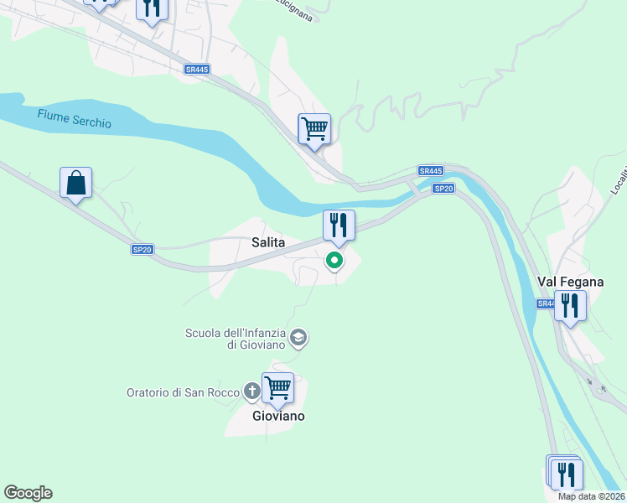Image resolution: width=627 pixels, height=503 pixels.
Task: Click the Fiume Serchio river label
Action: (75, 118)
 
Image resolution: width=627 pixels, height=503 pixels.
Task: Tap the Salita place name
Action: (268, 242)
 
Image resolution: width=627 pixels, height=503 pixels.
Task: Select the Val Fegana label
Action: (570, 283)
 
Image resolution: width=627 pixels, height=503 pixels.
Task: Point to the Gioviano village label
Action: (278, 416)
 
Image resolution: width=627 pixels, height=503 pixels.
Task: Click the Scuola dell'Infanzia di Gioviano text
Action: (236, 339)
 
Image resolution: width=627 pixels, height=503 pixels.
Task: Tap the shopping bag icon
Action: (75, 182)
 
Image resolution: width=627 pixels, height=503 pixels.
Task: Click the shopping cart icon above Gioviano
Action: (277, 388)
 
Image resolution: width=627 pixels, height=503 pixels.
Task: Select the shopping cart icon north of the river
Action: (314, 129)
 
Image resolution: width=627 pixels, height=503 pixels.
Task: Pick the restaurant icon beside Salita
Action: (339, 225)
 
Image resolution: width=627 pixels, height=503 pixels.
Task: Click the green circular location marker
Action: (334, 261)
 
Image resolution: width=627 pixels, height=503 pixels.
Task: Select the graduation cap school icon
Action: (298, 339)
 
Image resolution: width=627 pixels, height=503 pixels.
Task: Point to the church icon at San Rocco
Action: (251, 391)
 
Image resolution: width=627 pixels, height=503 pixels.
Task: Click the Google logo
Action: (28, 493)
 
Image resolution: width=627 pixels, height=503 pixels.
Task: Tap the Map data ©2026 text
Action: (592, 496)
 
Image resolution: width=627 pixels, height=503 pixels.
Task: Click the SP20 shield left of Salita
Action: (142, 249)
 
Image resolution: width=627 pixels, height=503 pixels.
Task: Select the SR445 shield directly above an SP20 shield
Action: (430, 171)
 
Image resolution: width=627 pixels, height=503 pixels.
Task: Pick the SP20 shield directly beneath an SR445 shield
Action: (443, 189)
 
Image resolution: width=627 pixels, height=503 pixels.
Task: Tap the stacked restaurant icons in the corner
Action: (566, 473)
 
